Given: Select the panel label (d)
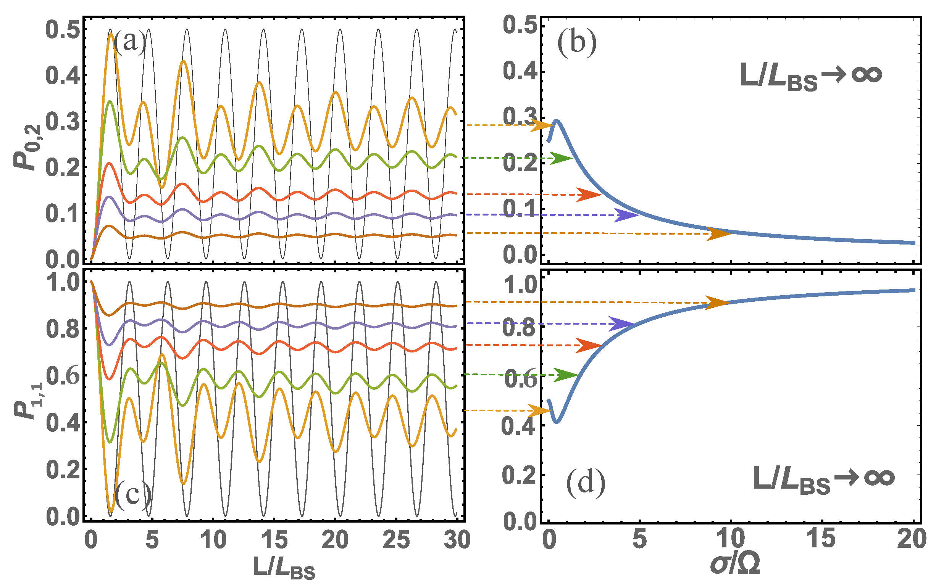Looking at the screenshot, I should [x=586, y=483].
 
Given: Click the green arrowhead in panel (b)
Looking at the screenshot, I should [x=561, y=158].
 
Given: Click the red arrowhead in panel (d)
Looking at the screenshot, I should [x=589, y=346].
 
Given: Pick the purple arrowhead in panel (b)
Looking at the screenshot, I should [x=626, y=215].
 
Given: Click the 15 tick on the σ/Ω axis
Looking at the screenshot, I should [x=821, y=539].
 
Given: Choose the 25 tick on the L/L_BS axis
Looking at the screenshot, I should [x=396, y=540].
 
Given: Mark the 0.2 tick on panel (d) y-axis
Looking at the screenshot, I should [x=519, y=475].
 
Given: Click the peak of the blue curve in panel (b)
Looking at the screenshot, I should [x=557, y=121].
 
